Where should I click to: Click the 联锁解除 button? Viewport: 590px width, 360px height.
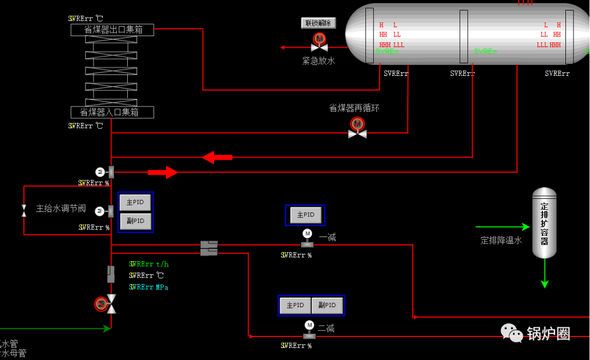(318, 23)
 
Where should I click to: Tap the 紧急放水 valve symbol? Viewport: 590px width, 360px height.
(319, 43)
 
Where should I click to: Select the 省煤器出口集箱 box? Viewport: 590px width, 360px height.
(113, 30)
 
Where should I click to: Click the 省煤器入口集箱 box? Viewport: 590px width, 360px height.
(113, 113)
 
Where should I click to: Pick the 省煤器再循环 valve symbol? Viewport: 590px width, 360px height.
(357, 128)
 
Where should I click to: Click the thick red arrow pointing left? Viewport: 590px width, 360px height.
(217, 158)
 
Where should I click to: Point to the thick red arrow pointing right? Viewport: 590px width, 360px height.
(163, 173)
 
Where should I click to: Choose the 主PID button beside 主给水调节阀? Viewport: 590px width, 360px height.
(135, 202)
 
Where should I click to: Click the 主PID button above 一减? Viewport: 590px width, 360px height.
(305, 215)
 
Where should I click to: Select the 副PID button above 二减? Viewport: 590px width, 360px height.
(327, 305)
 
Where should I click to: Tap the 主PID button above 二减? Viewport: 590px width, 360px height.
(295, 305)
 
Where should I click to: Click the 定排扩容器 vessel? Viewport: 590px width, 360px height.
(544, 223)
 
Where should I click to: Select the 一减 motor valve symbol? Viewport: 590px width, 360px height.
(308, 239)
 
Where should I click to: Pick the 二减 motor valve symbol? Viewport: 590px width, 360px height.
(309, 330)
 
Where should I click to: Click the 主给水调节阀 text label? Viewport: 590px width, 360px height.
(61, 208)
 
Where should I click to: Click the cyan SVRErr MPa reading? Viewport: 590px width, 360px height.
(149, 287)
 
